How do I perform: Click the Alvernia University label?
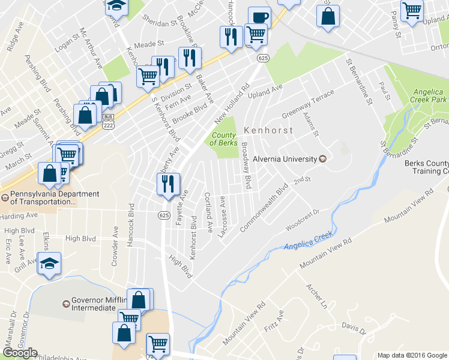click(x=284, y=159)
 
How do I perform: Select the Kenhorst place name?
click(x=268, y=130)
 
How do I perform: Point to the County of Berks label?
click(x=223, y=139)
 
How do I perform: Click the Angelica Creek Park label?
click(x=427, y=96)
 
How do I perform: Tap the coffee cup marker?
click(x=259, y=18)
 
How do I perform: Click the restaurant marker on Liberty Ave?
click(x=168, y=183)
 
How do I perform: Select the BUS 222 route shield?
click(x=109, y=121)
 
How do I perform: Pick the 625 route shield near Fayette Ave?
click(x=163, y=215)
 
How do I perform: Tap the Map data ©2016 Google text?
click(x=411, y=355)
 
